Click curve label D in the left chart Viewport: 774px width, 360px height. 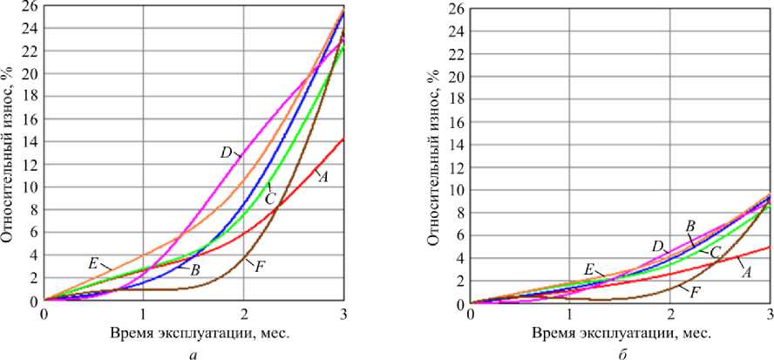225,153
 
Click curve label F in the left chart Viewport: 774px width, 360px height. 260,265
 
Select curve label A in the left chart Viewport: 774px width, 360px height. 322,177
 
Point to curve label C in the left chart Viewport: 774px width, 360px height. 270,187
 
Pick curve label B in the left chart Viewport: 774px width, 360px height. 195,270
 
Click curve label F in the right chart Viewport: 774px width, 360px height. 696,290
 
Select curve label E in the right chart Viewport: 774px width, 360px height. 589,271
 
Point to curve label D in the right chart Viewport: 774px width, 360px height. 658,247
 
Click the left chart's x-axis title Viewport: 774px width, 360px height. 193,334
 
